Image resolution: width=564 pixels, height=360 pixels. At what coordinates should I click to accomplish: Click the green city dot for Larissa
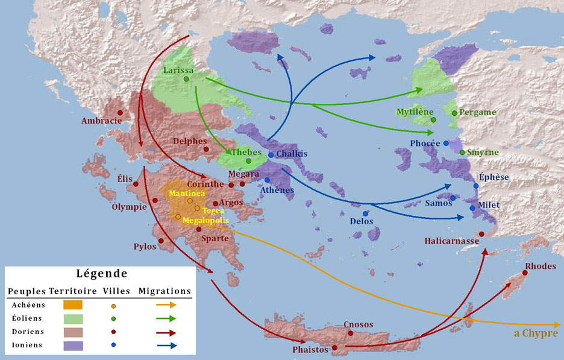pos(186,79)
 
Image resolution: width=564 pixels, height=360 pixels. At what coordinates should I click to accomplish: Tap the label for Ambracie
pos(101,121)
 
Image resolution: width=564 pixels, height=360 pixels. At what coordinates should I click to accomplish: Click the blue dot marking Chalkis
pos(271,155)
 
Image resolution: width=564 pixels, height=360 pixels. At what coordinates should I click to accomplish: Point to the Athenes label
pos(277,191)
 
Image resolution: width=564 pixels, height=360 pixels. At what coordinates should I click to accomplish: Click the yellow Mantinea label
pos(187,194)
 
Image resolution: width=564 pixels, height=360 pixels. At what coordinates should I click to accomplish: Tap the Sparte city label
pos(215,238)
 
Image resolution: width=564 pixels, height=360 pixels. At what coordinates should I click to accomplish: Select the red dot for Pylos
pos(161,241)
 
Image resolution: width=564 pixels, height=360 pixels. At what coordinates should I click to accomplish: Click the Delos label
pos(362,221)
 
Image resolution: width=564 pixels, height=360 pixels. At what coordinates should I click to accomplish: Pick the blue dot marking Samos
pos(453,198)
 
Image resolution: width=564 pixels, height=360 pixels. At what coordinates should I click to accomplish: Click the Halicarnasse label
pos(451,241)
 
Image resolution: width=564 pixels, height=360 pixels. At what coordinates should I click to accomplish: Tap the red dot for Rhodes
pos(525,273)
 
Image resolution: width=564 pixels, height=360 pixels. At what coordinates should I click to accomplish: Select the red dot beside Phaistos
pos(334,348)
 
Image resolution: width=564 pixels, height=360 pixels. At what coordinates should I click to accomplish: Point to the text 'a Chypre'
pos(536,333)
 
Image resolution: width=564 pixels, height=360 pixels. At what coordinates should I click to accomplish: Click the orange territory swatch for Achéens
pos(72,305)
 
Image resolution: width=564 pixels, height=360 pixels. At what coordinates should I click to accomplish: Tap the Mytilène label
pos(415,112)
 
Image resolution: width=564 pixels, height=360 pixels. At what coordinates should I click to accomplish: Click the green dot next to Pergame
pos(454,113)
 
